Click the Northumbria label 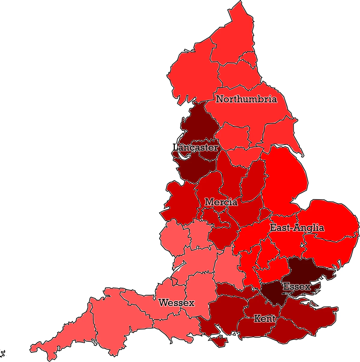(246, 99)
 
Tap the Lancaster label (195, 147)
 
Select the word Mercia (221, 202)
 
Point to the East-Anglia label (297, 228)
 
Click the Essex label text (297, 287)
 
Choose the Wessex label (176, 303)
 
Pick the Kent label (264, 318)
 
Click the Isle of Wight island (218, 341)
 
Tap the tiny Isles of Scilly (3, 353)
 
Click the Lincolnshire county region (285, 177)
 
